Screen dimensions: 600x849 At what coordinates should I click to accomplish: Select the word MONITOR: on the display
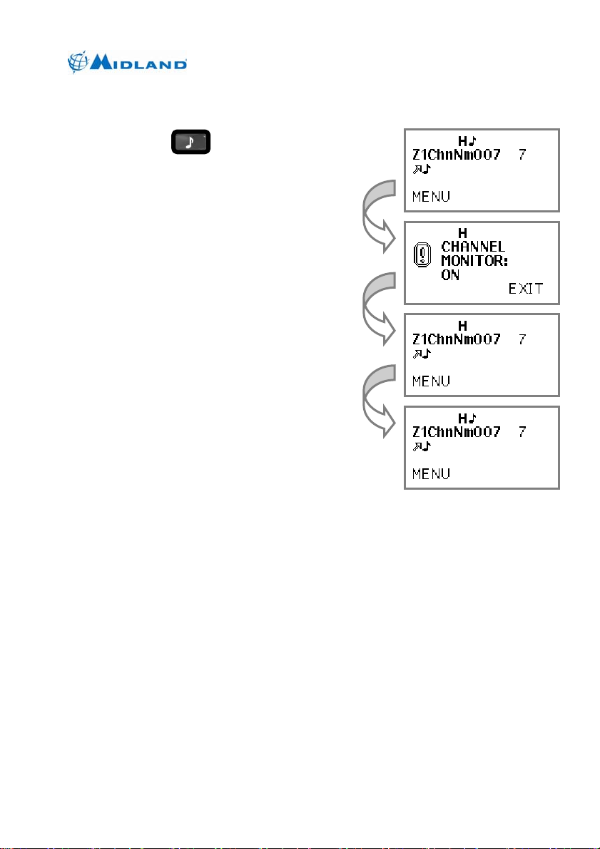tap(474, 261)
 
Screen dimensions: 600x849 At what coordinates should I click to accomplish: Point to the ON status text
tap(450, 274)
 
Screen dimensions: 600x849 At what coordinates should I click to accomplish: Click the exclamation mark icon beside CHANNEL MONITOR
tap(423, 255)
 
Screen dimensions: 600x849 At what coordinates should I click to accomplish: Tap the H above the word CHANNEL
tap(462, 232)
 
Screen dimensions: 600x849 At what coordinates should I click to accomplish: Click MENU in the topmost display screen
tap(431, 197)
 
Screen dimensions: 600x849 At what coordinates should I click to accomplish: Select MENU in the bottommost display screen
tap(431, 473)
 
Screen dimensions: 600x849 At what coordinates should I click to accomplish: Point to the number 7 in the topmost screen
tap(522, 154)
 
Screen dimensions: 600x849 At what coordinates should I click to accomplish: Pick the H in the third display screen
tap(462, 325)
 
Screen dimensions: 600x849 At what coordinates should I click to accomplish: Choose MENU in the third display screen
tap(431, 381)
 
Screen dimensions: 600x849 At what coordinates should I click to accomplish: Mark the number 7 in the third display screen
tap(522, 339)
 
